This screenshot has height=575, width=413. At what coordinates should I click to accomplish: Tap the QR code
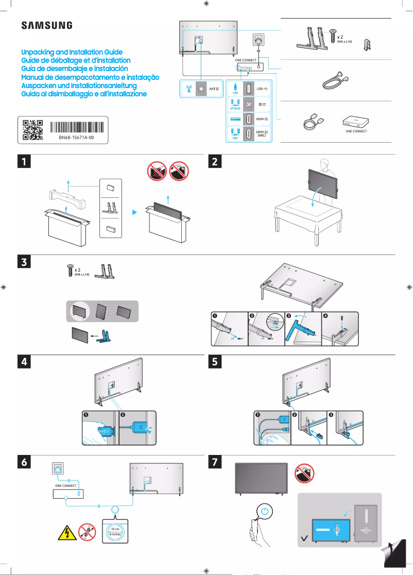(32, 130)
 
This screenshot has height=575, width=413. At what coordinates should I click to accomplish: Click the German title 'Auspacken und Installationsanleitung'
(78, 86)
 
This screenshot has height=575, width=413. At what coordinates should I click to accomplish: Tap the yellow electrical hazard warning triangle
(63, 533)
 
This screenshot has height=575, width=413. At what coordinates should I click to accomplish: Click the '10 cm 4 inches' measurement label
(115, 531)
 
